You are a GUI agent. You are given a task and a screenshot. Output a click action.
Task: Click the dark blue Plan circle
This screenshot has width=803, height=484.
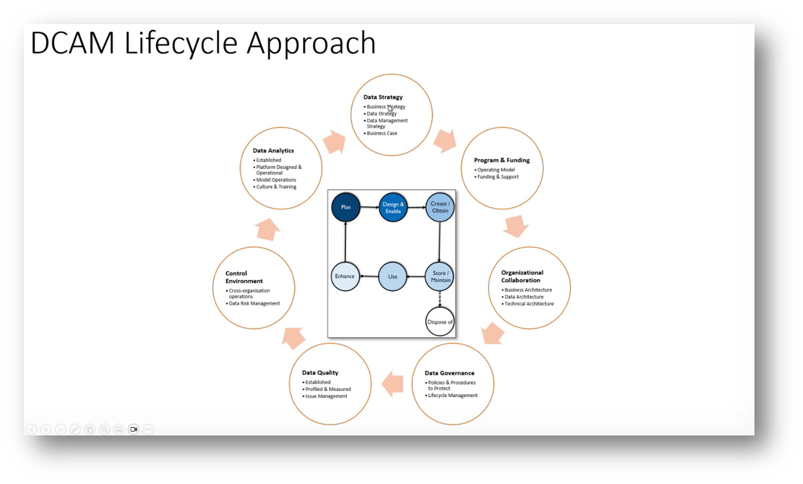point(346,207)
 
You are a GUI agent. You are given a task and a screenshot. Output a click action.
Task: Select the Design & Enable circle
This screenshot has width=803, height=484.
point(393,208)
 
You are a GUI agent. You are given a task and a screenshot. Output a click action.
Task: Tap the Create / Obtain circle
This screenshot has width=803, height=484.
point(439,207)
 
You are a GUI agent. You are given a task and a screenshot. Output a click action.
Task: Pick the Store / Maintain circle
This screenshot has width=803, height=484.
point(440,276)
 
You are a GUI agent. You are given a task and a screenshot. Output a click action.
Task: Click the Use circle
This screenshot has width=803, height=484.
point(392,276)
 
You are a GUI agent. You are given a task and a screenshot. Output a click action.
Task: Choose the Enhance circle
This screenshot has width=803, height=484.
point(345,276)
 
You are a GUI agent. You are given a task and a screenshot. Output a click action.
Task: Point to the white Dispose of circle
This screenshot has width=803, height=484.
point(440,322)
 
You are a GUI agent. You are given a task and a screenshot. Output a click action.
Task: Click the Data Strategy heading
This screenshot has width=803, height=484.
point(383,97)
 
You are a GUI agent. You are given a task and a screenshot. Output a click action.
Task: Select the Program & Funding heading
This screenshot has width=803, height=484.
point(502,160)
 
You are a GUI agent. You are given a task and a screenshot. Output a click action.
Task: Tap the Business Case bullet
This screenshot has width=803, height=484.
point(382,133)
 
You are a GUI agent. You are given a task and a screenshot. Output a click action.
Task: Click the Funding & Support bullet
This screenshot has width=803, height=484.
point(498,177)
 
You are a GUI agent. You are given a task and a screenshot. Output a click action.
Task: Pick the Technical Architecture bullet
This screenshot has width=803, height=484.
point(529,304)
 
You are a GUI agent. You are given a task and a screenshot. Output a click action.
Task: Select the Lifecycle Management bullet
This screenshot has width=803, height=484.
point(453,396)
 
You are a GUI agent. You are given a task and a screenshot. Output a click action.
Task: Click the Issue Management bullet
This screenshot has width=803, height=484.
point(326,396)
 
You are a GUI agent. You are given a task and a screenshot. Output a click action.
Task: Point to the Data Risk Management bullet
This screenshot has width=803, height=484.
point(254,304)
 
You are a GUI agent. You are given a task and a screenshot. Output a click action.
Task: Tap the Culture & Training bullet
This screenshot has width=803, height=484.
point(276,187)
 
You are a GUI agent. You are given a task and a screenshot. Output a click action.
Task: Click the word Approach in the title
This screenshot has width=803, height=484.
point(311,43)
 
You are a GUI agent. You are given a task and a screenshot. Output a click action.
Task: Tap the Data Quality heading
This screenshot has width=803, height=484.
point(320,373)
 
